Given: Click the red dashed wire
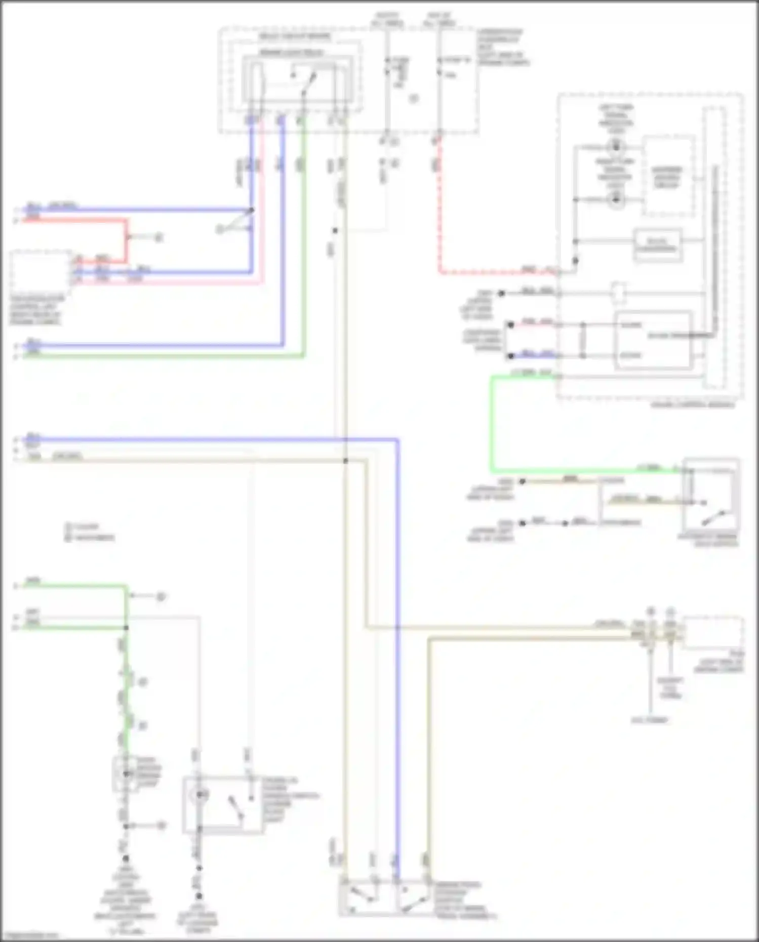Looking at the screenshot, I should (x=440, y=213).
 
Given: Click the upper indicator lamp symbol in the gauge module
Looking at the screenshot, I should (x=616, y=147).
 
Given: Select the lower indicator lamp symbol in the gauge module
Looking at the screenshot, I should (x=616, y=200).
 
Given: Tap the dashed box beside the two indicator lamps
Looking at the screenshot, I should (x=668, y=176).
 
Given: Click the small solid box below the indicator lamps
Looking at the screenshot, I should (x=657, y=245).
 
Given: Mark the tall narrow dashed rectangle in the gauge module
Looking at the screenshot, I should (x=714, y=248).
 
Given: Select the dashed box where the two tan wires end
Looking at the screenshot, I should (x=712, y=632).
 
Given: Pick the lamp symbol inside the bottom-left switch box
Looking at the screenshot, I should (x=199, y=795).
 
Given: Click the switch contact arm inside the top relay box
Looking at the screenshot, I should (x=309, y=84).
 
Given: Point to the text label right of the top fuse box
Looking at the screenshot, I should (x=502, y=47).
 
